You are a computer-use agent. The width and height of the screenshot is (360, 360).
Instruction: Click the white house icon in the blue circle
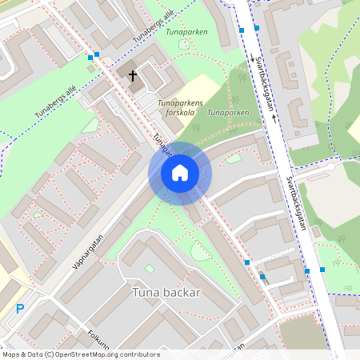click(180, 173)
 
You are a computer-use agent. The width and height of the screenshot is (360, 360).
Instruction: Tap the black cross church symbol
click(132, 76)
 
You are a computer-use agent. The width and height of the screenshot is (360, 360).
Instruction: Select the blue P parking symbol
click(20, 308)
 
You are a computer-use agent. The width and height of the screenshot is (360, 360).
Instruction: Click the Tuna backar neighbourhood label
click(166, 293)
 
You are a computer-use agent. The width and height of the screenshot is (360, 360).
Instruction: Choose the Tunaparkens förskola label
click(180, 109)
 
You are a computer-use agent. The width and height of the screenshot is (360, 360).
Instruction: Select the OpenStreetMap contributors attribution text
click(81, 354)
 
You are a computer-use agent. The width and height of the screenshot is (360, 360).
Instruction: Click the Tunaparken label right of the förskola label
click(227, 114)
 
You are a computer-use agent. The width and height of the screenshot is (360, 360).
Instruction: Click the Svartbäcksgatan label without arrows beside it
click(297, 203)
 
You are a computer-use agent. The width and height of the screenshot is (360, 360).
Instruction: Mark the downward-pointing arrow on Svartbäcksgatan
click(253, 58)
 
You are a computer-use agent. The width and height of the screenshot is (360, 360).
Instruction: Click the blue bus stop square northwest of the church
click(97, 55)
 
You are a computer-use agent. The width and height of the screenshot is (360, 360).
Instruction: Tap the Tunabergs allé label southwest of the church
click(55, 103)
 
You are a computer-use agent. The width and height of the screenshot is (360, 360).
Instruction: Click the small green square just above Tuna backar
click(150, 268)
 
